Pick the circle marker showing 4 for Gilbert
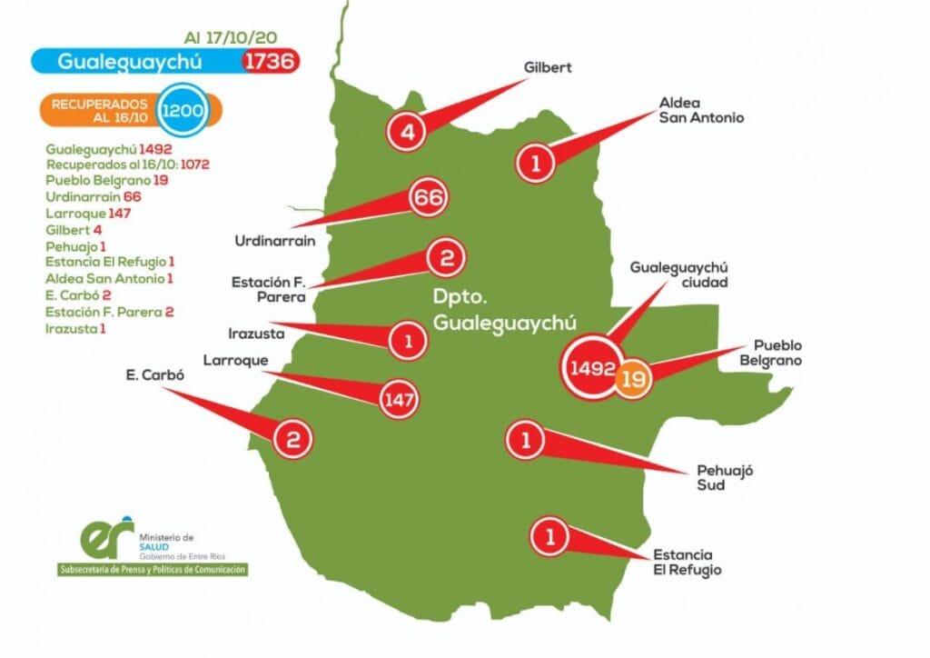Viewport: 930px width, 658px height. pyautogui.click(x=407, y=132)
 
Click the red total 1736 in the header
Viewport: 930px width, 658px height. pyautogui.click(x=271, y=61)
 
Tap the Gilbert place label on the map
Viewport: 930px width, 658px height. pyautogui.click(x=548, y=67)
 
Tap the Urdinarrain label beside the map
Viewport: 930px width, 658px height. pyautogui.click(x=274, y=242)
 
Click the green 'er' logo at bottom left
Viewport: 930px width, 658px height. pyautogui.click(x=107, y=541)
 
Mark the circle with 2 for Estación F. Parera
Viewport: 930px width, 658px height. pyautogui.click(x=446, y=258)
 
